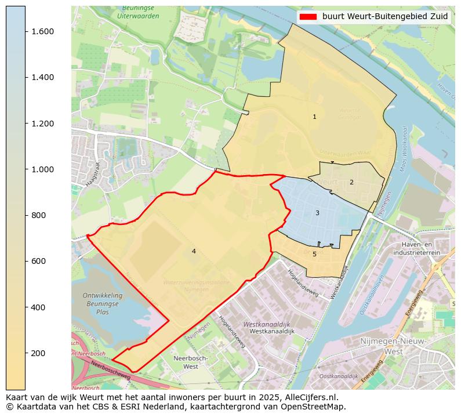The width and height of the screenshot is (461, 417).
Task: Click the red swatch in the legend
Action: (308, 17)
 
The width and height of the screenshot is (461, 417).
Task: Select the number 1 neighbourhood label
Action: (314, 117)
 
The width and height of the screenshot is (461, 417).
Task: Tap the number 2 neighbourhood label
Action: (351, 183)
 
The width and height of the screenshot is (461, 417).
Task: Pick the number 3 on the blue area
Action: (317, 213)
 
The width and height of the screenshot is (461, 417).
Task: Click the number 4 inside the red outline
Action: (194, 251)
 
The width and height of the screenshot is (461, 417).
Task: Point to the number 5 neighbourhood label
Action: (314, 254)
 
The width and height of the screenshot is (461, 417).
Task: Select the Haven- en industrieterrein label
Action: (416, 249)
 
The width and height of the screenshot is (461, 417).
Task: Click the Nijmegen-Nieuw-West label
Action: (393, 346)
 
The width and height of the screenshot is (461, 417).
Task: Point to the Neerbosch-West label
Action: (190, 362)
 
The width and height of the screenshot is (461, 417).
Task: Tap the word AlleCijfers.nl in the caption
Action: (306, 398)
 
